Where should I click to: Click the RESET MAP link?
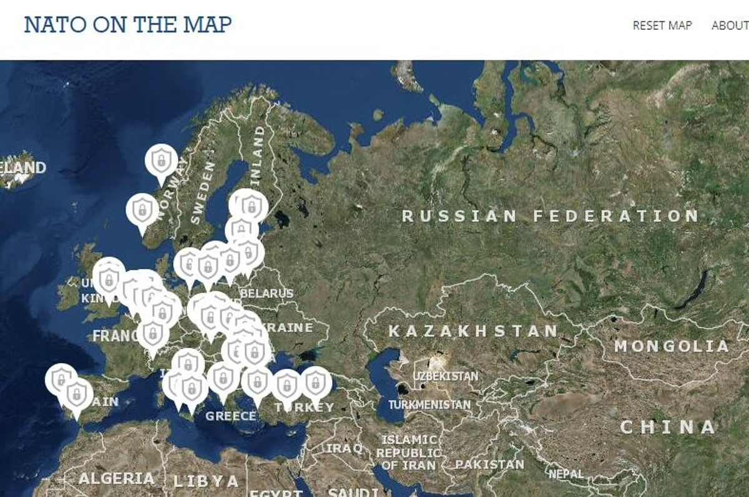click(662, 26)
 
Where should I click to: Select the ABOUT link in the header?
click(730, 26)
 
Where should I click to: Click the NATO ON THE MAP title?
click(128, 25)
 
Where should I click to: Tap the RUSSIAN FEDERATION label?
click(550, 216)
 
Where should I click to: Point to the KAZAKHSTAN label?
click(473, 331)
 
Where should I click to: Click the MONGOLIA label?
click(672, 346)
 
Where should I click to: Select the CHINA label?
click(668, 427)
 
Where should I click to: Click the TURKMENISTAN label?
click(429, 405)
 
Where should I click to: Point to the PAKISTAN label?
click(490, 465)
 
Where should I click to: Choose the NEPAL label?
click(566, 475)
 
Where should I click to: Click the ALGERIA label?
click(116, 479)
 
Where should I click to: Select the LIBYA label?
click(207, 481)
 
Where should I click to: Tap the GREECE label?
click(231, 416)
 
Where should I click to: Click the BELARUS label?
click(267, 293)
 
